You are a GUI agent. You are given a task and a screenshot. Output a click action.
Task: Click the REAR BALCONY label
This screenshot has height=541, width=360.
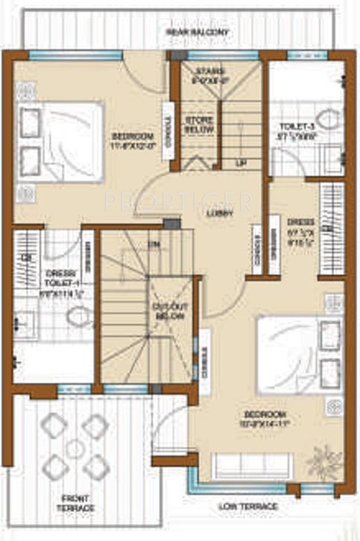[x=198, y=34]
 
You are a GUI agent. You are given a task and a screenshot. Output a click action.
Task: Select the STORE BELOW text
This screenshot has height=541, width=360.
[x=199, y=125]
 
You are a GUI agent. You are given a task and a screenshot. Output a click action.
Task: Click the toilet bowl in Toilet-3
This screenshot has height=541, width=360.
[x=325, y=118]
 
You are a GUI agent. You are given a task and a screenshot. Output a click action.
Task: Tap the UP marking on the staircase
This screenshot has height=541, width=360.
[x=240, y=162]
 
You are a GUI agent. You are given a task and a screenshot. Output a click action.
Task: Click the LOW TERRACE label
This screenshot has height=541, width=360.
[x=248, y=507]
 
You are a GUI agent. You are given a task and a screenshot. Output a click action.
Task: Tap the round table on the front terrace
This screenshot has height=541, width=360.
[x=75, y=449]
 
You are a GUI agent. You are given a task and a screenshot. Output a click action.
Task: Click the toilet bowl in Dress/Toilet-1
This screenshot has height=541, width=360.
[x=77, y=317]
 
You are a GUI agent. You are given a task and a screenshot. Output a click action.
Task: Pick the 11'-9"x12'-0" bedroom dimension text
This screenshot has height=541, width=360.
[x=133, y=146]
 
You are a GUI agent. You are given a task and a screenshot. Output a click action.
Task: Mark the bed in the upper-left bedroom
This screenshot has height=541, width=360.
[x=60, y=142]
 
